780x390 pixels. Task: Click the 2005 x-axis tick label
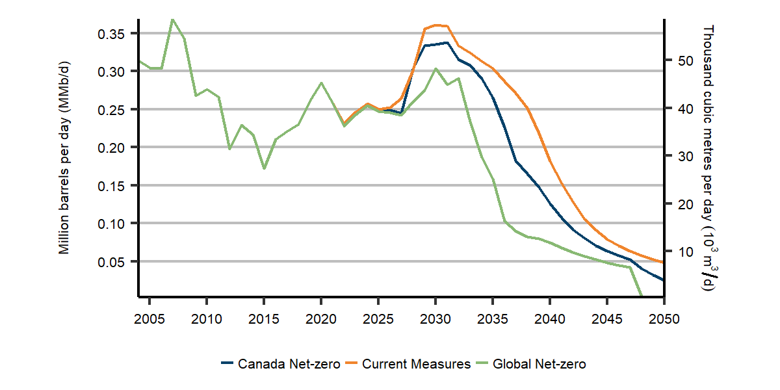pos(149,319)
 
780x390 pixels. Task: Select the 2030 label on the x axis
pos(435,319)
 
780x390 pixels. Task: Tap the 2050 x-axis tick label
pos(664,319)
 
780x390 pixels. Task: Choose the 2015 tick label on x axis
pos(264,319)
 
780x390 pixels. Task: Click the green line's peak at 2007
pos(172,19)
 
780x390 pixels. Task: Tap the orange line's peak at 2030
pos(435,25)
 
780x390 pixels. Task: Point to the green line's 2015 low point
pos(264,168)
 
